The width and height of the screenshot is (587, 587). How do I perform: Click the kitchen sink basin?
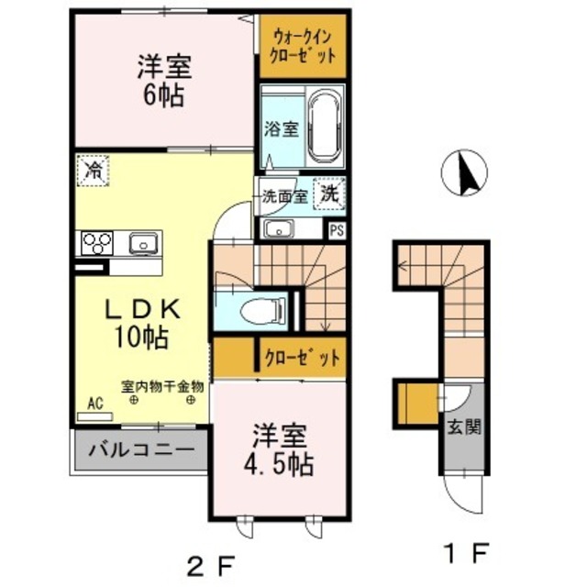(144, 243)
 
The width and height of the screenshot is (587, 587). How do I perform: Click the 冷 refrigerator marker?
(93, 170)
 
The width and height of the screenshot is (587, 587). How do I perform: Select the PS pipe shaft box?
(337, 229)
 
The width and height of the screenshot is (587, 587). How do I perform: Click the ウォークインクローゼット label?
(303, 45)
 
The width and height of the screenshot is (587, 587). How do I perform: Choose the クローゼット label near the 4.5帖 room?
(302, 356)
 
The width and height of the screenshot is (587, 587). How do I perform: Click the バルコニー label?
(141, 451)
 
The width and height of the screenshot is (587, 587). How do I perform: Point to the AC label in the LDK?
(94, 402)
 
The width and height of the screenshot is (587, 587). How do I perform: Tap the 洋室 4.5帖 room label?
(281, 449)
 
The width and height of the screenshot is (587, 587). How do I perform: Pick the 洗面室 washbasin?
(276, 228)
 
